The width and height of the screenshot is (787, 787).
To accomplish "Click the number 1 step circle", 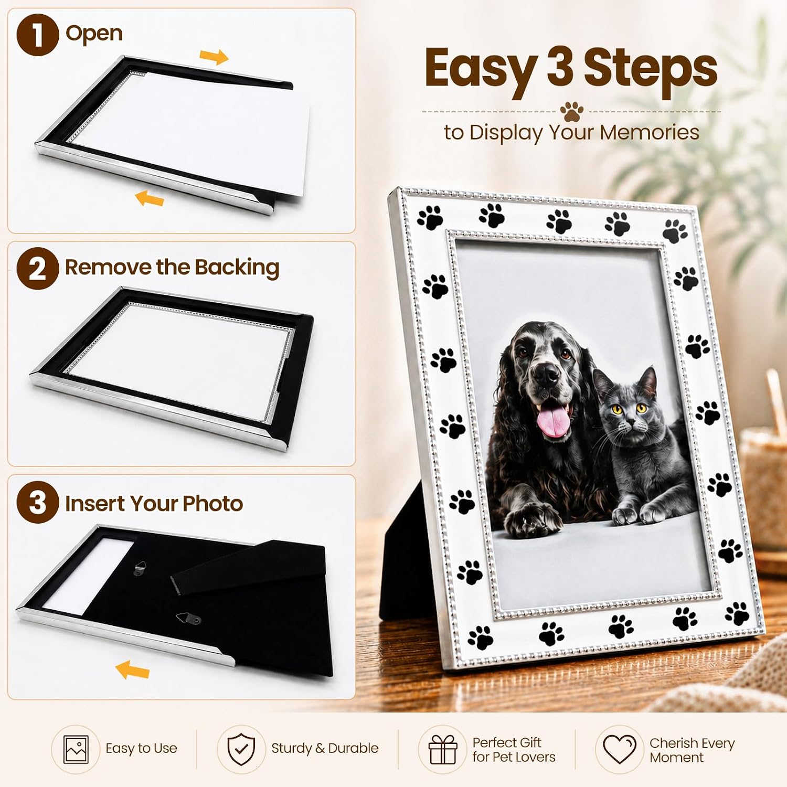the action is (37, 35).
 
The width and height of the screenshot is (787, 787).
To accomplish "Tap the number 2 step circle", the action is (37, 268).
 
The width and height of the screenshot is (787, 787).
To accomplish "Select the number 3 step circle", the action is (37, 502).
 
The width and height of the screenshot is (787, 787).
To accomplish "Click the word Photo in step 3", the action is (212, 504).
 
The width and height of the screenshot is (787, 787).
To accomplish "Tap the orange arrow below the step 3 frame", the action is (132, 669).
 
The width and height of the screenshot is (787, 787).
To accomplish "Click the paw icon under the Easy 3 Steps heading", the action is (571, 111).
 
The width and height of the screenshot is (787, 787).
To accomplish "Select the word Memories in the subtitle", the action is (650, 132).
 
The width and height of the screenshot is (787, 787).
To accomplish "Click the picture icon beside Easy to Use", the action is (76, 749).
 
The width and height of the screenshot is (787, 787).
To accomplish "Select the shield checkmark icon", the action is (241, 749).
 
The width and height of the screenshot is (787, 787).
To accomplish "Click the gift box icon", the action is (443, 749).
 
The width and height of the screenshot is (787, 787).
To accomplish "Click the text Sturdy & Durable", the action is (325, 748).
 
